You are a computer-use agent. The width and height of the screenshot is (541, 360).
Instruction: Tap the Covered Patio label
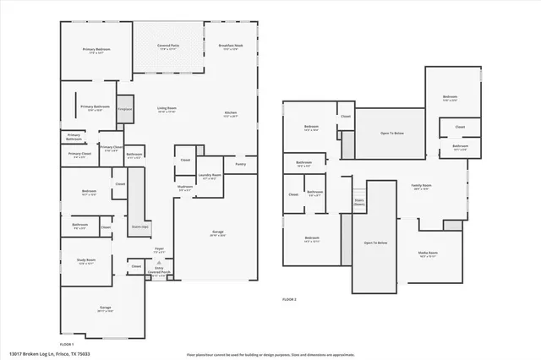tap(168, 46)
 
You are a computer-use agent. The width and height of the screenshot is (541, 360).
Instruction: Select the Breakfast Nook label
tap(230, 46)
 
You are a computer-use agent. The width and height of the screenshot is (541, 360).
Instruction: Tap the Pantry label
tap(241, 164)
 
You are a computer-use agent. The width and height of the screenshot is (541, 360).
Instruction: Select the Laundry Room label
tap(209, 176)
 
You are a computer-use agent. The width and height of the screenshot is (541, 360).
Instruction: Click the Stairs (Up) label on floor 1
tap(139, 226)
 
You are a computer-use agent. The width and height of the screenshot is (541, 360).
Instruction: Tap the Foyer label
tap(159, 249)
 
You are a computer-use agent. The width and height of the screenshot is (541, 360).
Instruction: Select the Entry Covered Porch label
tap(159, 273)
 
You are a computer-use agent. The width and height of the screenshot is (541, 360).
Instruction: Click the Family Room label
tap(421, 186)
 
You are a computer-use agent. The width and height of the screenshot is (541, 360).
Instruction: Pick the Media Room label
tap(428, 254)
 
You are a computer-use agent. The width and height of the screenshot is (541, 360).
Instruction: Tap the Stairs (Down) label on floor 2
tap(359, 202)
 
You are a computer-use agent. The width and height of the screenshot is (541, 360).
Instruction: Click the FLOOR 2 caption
tap(290, 300)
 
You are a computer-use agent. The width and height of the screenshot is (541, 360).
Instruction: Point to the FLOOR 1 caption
tap(67, 344)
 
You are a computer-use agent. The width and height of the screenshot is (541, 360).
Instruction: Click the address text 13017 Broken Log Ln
tap(49, 353)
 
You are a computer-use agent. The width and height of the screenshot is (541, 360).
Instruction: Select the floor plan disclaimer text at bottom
tap(270, 354)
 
